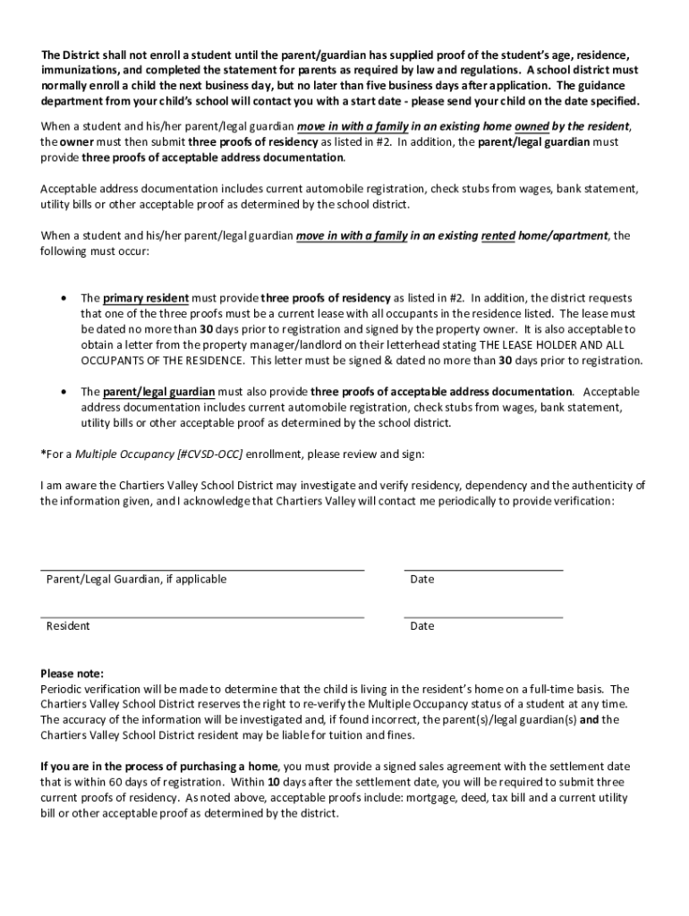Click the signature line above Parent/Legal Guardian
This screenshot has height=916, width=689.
tap(202, 569)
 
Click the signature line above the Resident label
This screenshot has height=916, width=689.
tap(202, 616)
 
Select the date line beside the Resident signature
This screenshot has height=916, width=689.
tap(483, 616)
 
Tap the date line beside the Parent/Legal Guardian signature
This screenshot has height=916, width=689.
tap(483, 569)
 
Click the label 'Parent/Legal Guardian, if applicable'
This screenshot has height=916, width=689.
tap(136, 580)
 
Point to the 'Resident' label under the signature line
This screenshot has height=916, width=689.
tap(68, 626)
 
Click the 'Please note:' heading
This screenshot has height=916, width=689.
tap(72, 674)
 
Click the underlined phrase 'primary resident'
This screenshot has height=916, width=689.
tap(146, 298)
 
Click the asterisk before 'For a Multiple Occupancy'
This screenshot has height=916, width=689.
tap(43, 454)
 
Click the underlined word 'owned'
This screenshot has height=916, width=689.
tap(532, 126)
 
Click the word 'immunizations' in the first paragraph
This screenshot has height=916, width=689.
tap(80, 69)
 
